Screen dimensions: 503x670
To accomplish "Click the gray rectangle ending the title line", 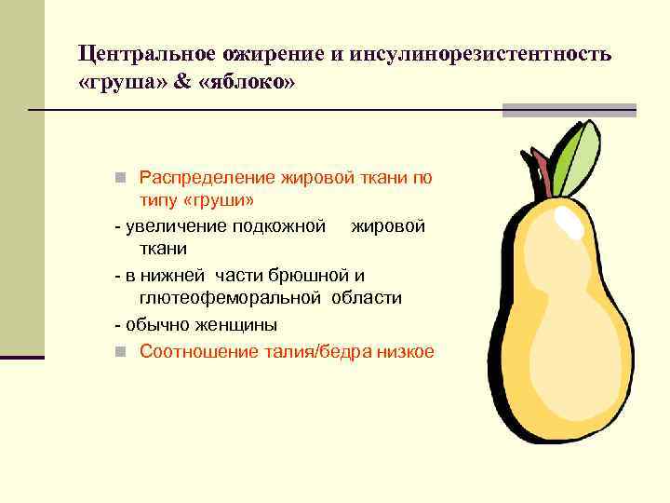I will [569, 110].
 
